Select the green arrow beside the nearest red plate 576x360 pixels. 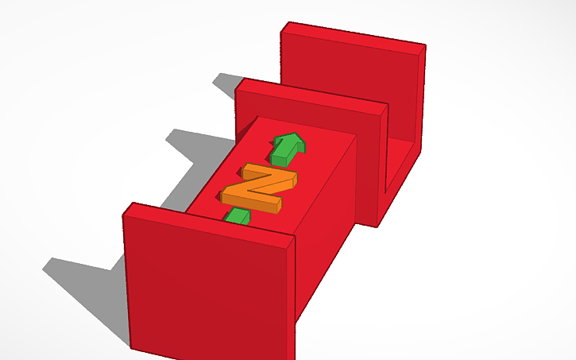point(237,216)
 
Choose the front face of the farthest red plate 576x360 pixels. point(350,79)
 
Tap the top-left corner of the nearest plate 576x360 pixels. point(126,208)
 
